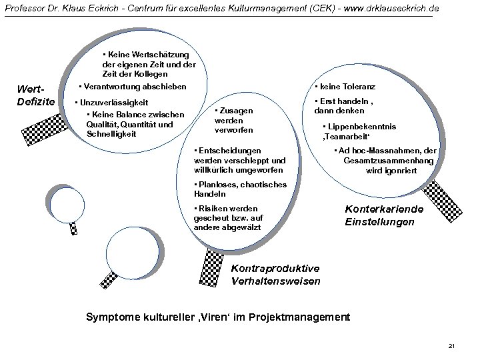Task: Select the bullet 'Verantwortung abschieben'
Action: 132,87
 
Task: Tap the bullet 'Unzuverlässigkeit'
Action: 112,103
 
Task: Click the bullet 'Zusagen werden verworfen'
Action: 234,119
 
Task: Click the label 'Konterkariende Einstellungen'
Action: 379,215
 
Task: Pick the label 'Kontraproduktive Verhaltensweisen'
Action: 275,275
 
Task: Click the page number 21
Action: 451,345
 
